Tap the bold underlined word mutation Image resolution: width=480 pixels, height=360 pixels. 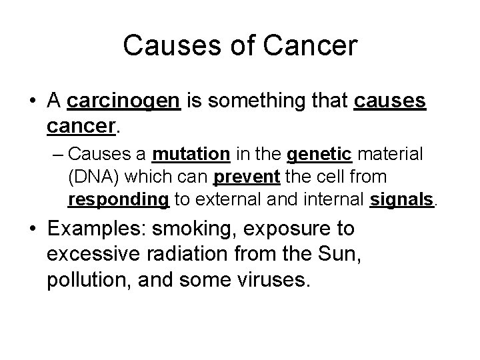(x=191, y=155)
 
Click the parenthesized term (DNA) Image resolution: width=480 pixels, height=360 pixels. (x=91, y=177)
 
